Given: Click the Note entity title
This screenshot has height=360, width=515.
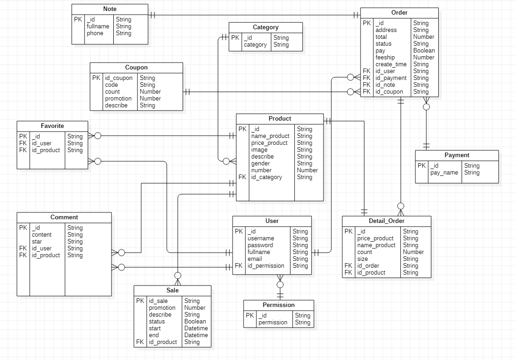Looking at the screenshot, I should click(x=110, y=9).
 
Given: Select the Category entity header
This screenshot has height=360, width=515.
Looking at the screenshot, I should click(x=265, y=27).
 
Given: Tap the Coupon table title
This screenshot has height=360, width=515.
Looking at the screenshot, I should click(x=136, y=68).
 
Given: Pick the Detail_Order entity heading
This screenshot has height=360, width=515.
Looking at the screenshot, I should click(x=386, y=221).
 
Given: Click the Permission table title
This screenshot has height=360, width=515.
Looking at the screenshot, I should click(x=278, y=305).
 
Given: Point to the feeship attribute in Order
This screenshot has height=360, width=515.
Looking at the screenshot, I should click(x=385, y=58).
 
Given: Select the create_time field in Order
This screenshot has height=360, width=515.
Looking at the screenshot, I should click(x=391, y=64).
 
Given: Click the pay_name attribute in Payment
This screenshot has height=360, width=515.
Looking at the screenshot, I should click(x=444, y=173).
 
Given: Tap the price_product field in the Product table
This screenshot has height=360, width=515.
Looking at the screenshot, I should click(x=269, y=143).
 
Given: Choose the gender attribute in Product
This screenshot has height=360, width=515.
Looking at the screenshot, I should click(x=260, y=164).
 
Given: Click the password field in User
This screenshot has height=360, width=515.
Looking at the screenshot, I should click(x=260, y=245).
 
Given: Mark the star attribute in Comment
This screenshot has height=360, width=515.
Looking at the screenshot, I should click(x=37, y=242).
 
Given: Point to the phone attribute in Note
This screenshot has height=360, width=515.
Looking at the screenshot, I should click(x=95, y=33).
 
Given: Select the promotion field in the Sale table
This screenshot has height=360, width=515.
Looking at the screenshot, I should click(x=162, y=308).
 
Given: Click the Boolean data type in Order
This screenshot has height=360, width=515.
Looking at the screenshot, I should click(x=424, y=51).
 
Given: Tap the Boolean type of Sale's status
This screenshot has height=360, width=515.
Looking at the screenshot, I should click(x=195, y=322).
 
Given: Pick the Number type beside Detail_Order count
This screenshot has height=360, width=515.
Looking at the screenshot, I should click(x=413, y=252).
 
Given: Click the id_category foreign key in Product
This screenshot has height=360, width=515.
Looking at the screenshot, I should click(x=266, y=177).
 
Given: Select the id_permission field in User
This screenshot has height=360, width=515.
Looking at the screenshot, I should click(x=265, y=266).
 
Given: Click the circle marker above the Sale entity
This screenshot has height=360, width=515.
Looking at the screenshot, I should click(x=178, y=275).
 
